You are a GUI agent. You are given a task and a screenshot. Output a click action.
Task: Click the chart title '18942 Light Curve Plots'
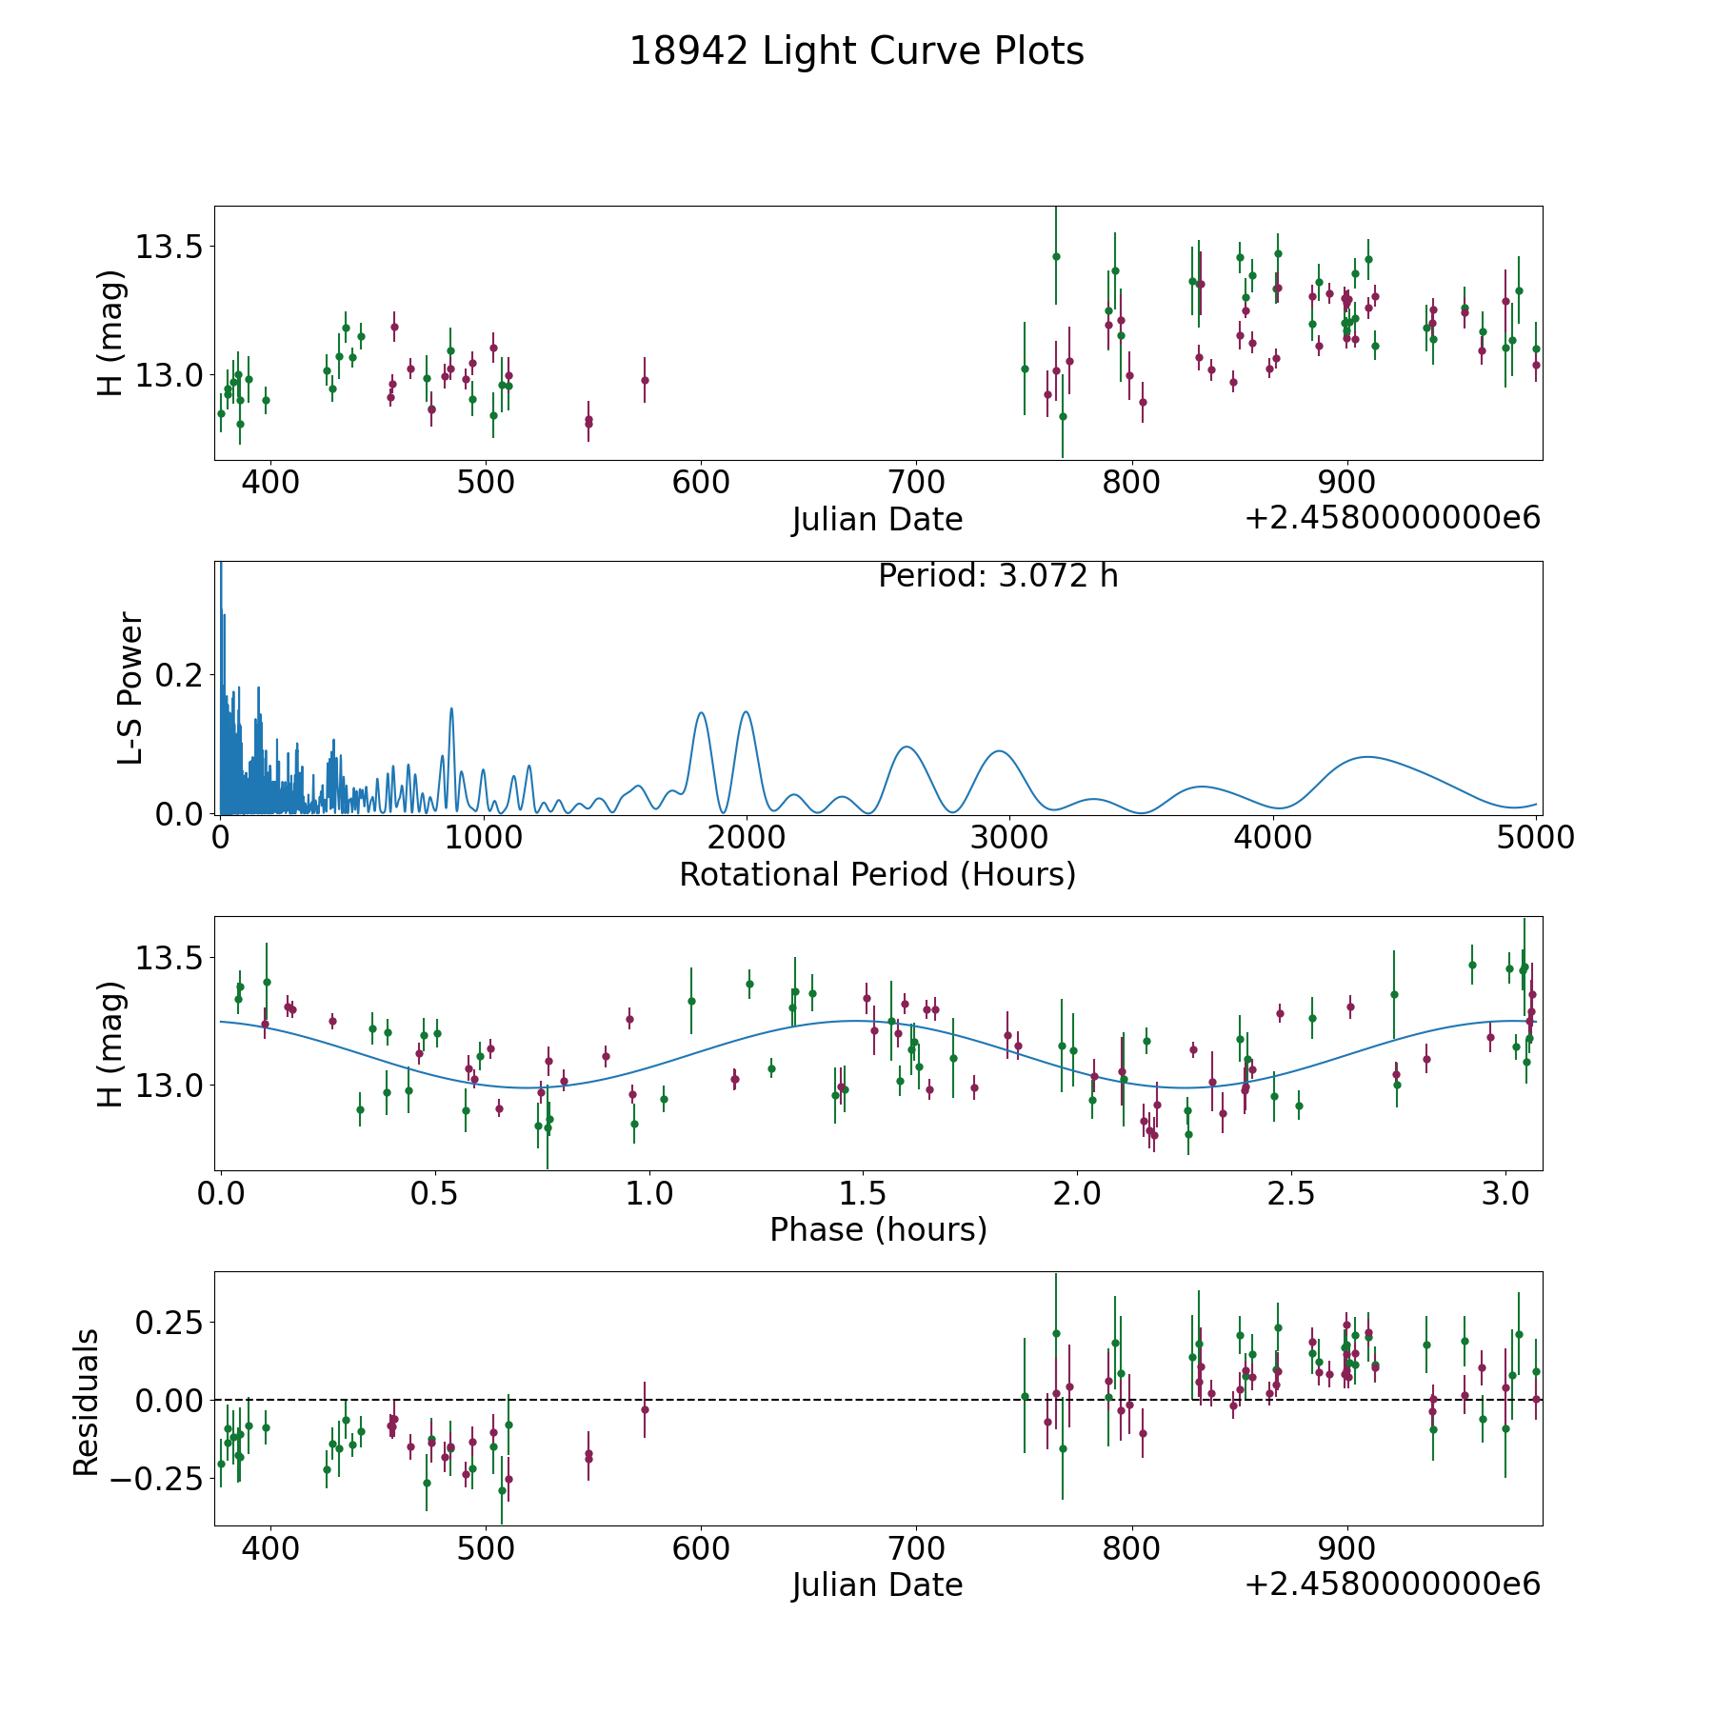point(856,51)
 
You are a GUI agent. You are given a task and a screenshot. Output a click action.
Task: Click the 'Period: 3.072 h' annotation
point(997,576)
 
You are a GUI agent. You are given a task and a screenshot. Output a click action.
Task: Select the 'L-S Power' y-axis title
point(130,688)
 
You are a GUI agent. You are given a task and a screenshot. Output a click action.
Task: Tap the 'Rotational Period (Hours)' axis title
point(877,874)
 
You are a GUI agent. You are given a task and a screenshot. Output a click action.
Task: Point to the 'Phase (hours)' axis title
point(878,1229)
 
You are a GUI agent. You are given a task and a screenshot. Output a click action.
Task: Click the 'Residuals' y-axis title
point(87,1402)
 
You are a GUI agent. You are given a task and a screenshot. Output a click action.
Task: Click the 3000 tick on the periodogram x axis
point(1009,838)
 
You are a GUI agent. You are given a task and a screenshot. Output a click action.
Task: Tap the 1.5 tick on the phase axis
point(864,1193)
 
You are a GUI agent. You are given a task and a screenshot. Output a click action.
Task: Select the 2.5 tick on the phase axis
point(1291,1193)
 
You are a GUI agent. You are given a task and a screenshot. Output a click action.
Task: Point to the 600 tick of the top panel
point(700,483)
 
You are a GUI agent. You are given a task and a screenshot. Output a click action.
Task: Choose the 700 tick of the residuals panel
point(915,1548)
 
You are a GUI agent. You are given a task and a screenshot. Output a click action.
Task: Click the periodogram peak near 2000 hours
point(746,712)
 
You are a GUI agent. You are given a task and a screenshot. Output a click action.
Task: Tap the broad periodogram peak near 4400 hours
point(1367,757)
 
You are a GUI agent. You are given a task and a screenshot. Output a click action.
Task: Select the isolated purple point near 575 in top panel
point(645,380)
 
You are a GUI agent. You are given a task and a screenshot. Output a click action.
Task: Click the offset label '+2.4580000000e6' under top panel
point(1392,519)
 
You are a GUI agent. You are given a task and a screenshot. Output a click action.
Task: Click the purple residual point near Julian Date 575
point(645,1409)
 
